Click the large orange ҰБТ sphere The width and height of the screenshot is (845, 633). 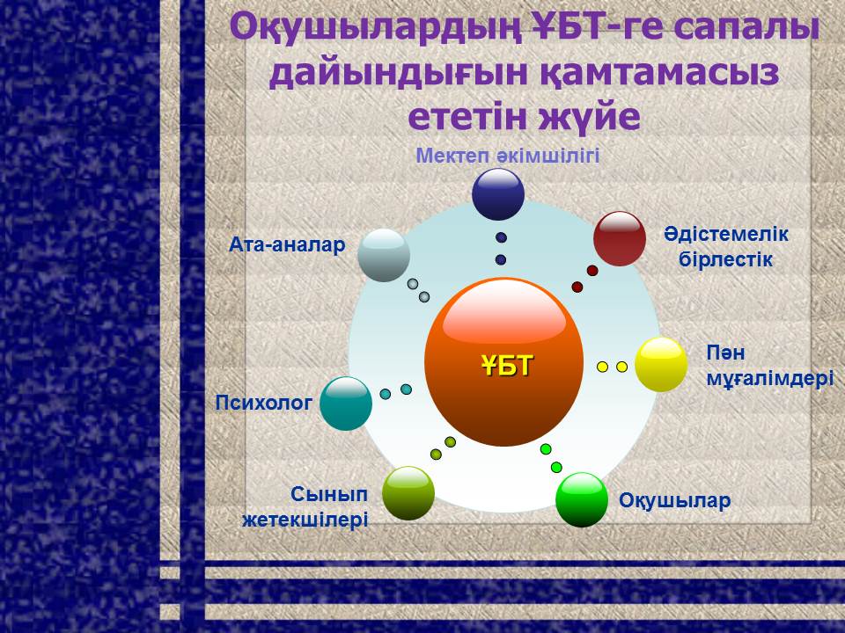tap(503, 361)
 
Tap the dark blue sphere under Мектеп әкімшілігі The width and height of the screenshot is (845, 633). tap(498, 194)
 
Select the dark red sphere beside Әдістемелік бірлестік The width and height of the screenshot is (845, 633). tap(619, 238)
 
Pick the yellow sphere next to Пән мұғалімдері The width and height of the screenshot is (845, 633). tap(661, 364)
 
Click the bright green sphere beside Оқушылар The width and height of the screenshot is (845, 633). tap(582, 499)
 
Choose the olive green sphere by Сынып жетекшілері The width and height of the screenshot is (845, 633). tap(408, 493)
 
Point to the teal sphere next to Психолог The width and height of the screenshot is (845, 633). tap(346, 404)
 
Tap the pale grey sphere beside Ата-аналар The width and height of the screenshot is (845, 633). tap(384, 255)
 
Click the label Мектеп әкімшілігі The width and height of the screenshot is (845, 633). tap(508, 156)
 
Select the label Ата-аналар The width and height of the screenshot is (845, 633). tap(287, 245)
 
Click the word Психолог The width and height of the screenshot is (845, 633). tap(263, 403)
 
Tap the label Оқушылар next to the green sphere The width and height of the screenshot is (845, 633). tap(675, 500)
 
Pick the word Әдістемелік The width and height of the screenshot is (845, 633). tap(726, 234)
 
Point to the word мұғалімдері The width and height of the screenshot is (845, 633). tap(770, 379)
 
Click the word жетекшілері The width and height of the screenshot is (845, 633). tap(305, 520)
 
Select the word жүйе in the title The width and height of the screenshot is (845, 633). tap(591, 116)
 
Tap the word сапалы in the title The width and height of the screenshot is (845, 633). tap(746, 28)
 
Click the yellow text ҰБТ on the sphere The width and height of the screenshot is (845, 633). tap(507, 366)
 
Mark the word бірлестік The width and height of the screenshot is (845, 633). tap(725, 259)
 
